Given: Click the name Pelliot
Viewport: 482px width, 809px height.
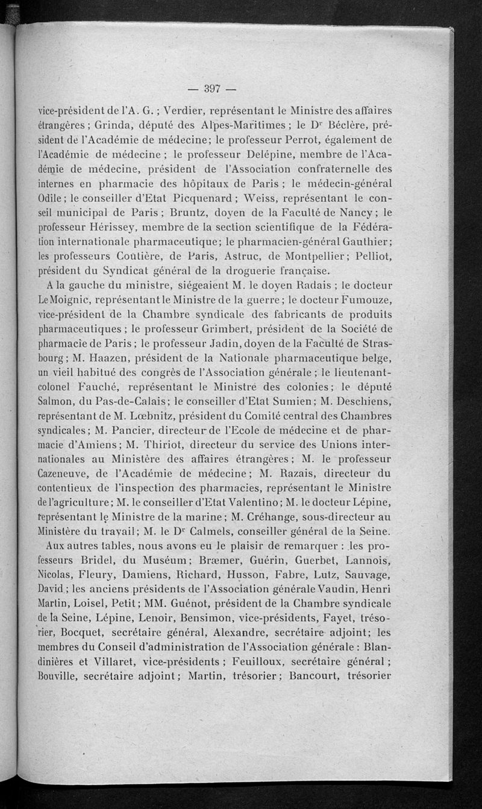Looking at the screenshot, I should [372, 255].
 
